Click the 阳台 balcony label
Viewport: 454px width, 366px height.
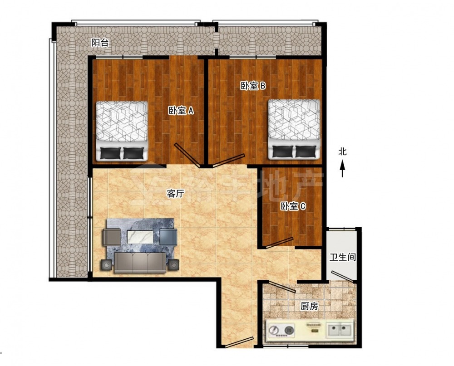100,43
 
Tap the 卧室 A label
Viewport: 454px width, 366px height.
181,111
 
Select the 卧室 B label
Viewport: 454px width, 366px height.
253,86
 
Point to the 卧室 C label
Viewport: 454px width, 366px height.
293,206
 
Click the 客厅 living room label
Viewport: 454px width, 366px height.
175,194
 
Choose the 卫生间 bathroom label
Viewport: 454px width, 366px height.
342,257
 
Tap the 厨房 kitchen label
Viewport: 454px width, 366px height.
309,306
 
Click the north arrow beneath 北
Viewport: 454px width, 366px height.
342,169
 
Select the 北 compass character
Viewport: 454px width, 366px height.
342,151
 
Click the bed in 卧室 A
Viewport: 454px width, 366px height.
122,131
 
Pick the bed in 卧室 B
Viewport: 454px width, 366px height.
294,129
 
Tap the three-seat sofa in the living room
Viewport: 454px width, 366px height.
140,263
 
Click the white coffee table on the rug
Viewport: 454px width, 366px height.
140,237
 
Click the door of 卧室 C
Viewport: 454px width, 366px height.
279,243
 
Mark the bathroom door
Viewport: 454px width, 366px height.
342,276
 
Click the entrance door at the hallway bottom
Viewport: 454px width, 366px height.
239,342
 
